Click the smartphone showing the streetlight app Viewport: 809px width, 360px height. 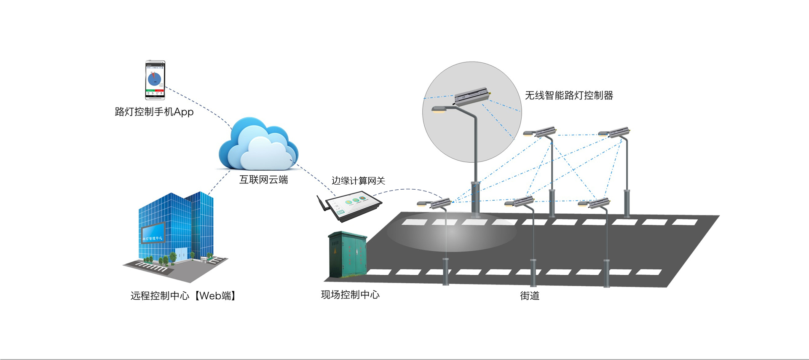coord(155,80)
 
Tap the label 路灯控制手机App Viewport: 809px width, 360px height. coord(154,112)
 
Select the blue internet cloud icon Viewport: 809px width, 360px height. coord(258,145)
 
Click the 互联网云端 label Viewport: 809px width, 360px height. coord(264,180)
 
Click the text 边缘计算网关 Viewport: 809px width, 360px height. coord(358,181)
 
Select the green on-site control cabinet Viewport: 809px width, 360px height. coord(348,255)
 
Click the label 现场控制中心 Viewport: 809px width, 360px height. coord(350,295)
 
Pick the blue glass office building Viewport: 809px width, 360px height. coord(177,228)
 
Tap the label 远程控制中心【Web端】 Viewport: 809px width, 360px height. coord(183,296)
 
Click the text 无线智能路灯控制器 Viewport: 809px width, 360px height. coord(569,96)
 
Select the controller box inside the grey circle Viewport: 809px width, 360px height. coord(472,96)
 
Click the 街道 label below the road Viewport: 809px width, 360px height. coord(530,296)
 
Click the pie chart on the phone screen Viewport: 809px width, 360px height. coord(154,79)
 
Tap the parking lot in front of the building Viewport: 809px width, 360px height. coord(152,267)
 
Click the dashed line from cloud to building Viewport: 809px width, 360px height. coord(219,182)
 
